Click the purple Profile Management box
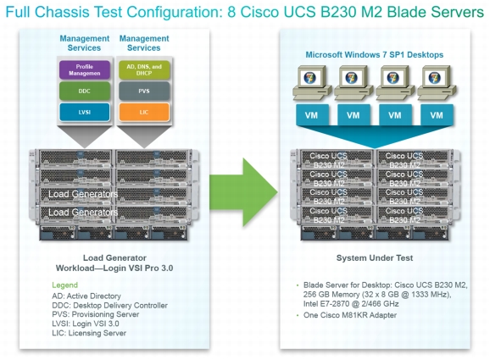85,69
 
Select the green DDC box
85,91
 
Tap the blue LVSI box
85,112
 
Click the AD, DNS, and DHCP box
144,69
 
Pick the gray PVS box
144,91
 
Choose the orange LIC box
144,112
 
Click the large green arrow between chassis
243,192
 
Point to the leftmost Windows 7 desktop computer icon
312,83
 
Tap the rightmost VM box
437,115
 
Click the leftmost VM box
312,115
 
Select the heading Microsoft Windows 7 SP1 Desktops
375,55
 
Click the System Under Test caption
375,258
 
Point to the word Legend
64,285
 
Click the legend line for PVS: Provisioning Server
95,314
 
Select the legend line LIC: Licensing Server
89,333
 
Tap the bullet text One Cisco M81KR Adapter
350,315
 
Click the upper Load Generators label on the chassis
83,194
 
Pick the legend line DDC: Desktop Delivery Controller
109,305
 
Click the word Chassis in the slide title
63,12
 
